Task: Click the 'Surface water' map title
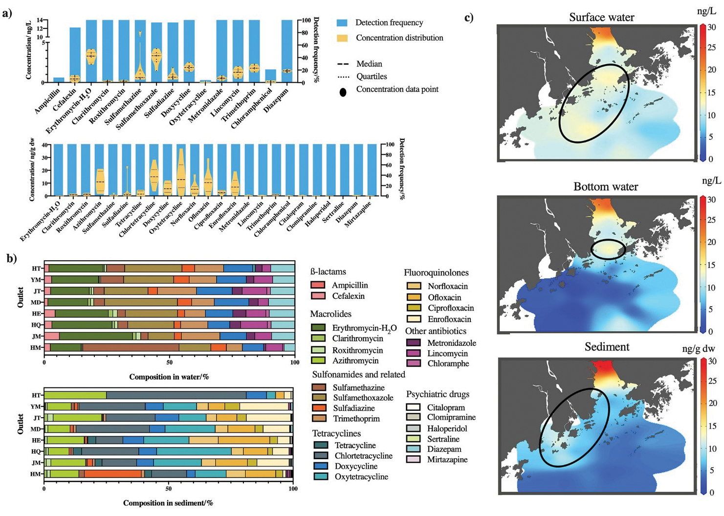pyautogui.click(x=601, y=18)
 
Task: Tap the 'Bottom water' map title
pyautogui.click(x=606, y=187)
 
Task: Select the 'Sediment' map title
pyautogui.click(x=607, y=347)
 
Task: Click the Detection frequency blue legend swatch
pyautogui.click(x=342, y=22)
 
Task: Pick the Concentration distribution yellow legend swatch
pyautogui.click(x=342, y=38)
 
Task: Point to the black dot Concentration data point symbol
pyautogui.click(x=343, y=92)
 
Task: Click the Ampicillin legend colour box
pyautogui.click(x=318, y=285)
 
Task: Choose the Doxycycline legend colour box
pyautogui.click(x=321, y=466)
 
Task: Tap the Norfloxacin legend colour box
pyautogui.click(x=414, y=286)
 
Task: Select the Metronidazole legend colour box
pyautogui.click(x=413, y=343)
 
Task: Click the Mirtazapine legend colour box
pyautogui.click(x=413, y=459)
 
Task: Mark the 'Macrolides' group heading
pyautogui.click(x=330, y=314)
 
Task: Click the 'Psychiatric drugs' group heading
pyautogui.click(x=438, y=394)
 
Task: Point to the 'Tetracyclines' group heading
pyautogui.click(x=336, y=433)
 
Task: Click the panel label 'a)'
pyautogui.click(x=7, y=13)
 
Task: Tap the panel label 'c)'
pyautogui.click(x=469, y=18)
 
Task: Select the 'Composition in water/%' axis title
pyautogui.click(x=169, y=377)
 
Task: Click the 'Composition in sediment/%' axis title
pyautogui.click(x=168, y=503)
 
